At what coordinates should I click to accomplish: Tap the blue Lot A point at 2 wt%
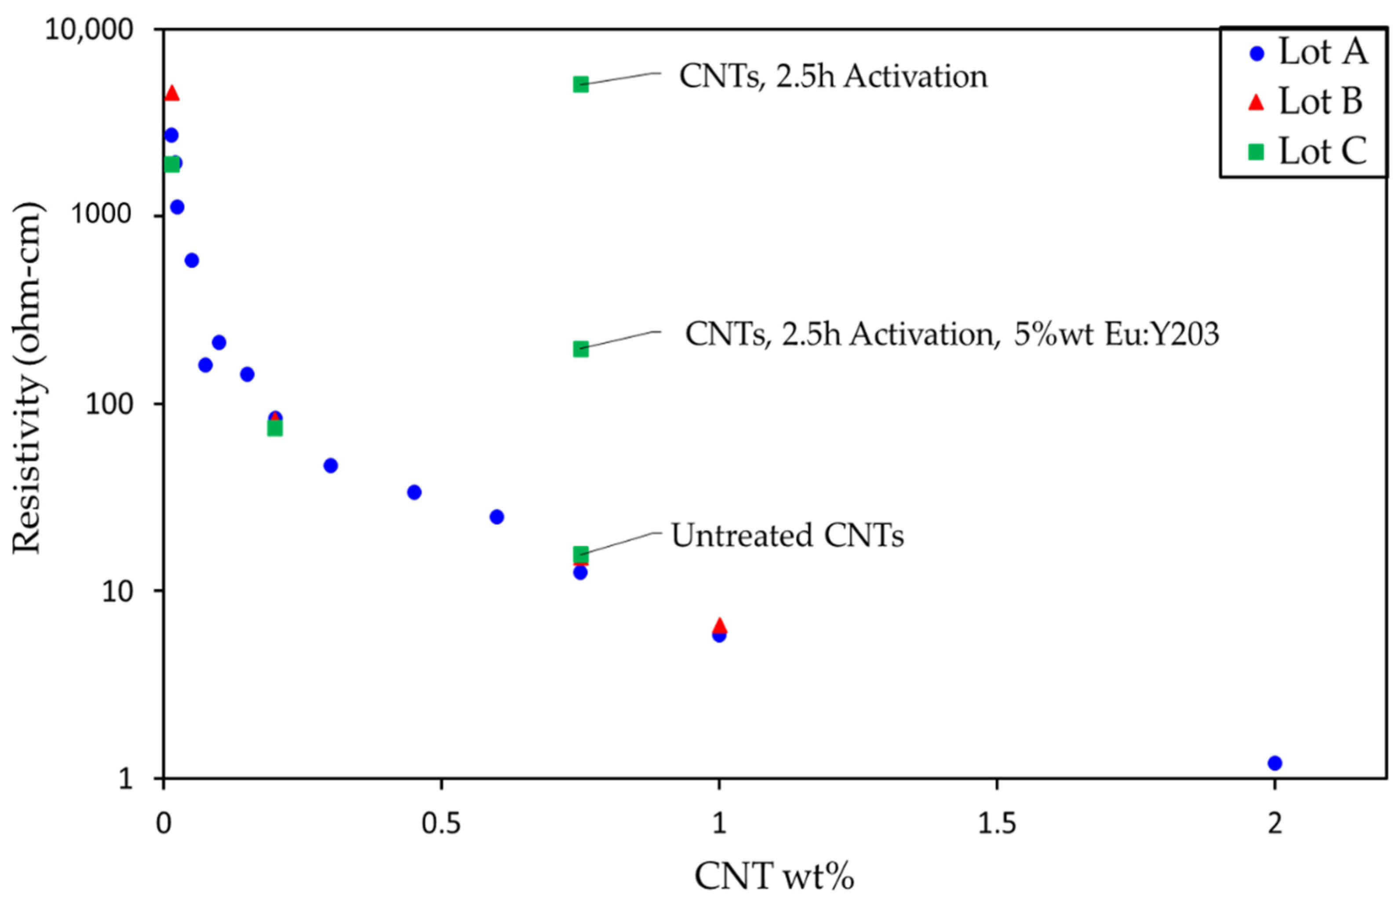[1274, 763]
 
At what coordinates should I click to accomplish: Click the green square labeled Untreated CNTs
[580, 554]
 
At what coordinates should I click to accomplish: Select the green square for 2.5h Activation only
[580, 84]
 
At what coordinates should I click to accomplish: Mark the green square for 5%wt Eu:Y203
[580, 348]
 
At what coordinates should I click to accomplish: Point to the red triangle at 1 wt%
[719, 625]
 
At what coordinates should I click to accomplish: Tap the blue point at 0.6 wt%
[496, 517]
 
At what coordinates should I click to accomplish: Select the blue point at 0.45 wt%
[414, 492]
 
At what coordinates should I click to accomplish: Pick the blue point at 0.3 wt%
[330, 466]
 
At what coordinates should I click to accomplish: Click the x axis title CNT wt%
[774, 877]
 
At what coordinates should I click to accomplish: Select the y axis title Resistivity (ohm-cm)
[28, 378]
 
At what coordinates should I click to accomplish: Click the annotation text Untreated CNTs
[787, 535]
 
